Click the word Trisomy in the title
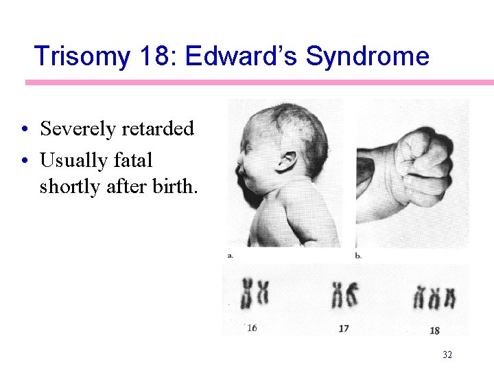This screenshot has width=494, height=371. point(81,56)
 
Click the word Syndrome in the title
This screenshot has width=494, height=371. point(367,56)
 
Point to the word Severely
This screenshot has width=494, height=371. point(80,128)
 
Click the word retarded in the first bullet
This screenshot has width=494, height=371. point(159,128)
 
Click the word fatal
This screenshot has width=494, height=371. point(134,161)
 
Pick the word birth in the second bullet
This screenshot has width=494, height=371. point(172,187)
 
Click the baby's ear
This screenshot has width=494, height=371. point(287,162)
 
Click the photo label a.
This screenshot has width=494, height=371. point(230,256)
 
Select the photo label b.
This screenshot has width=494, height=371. point(358,256)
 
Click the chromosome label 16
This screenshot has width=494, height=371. point(251,328)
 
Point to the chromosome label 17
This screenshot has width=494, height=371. point(344,328)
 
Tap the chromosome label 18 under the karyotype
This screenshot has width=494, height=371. point(434,330)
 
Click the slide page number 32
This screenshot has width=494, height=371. point(447,355)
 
